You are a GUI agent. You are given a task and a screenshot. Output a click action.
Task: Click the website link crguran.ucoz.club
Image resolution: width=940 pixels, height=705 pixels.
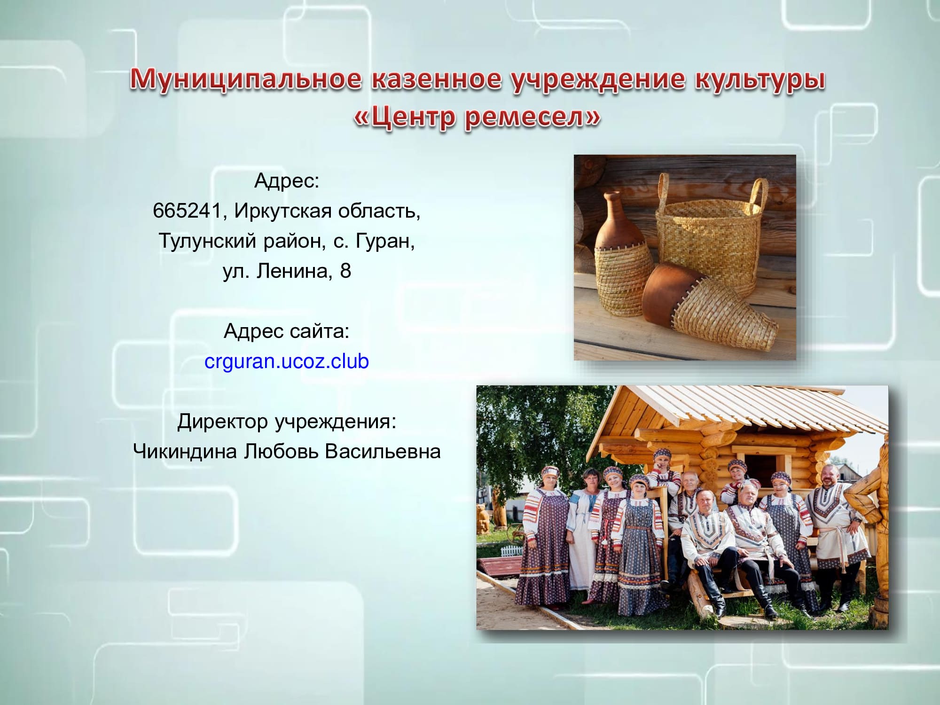pyautogui.click(x=287, y=361)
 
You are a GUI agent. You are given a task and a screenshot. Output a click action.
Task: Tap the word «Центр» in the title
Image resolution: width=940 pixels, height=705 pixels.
pyautogui.click(x=407, y=117)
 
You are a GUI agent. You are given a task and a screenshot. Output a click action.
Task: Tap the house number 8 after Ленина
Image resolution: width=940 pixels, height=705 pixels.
pyautogui.click(x=345, y=271)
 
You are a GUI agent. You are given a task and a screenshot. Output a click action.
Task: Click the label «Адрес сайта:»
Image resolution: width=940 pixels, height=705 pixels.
pyautogui.click(x=287, y=332)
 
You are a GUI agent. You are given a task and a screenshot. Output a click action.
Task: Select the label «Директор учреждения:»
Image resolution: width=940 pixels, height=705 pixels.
pyautogui.click(x=287, y=422)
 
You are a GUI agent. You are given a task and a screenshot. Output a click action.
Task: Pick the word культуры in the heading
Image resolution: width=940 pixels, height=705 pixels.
pyautogui.click(x=760, y=79)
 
